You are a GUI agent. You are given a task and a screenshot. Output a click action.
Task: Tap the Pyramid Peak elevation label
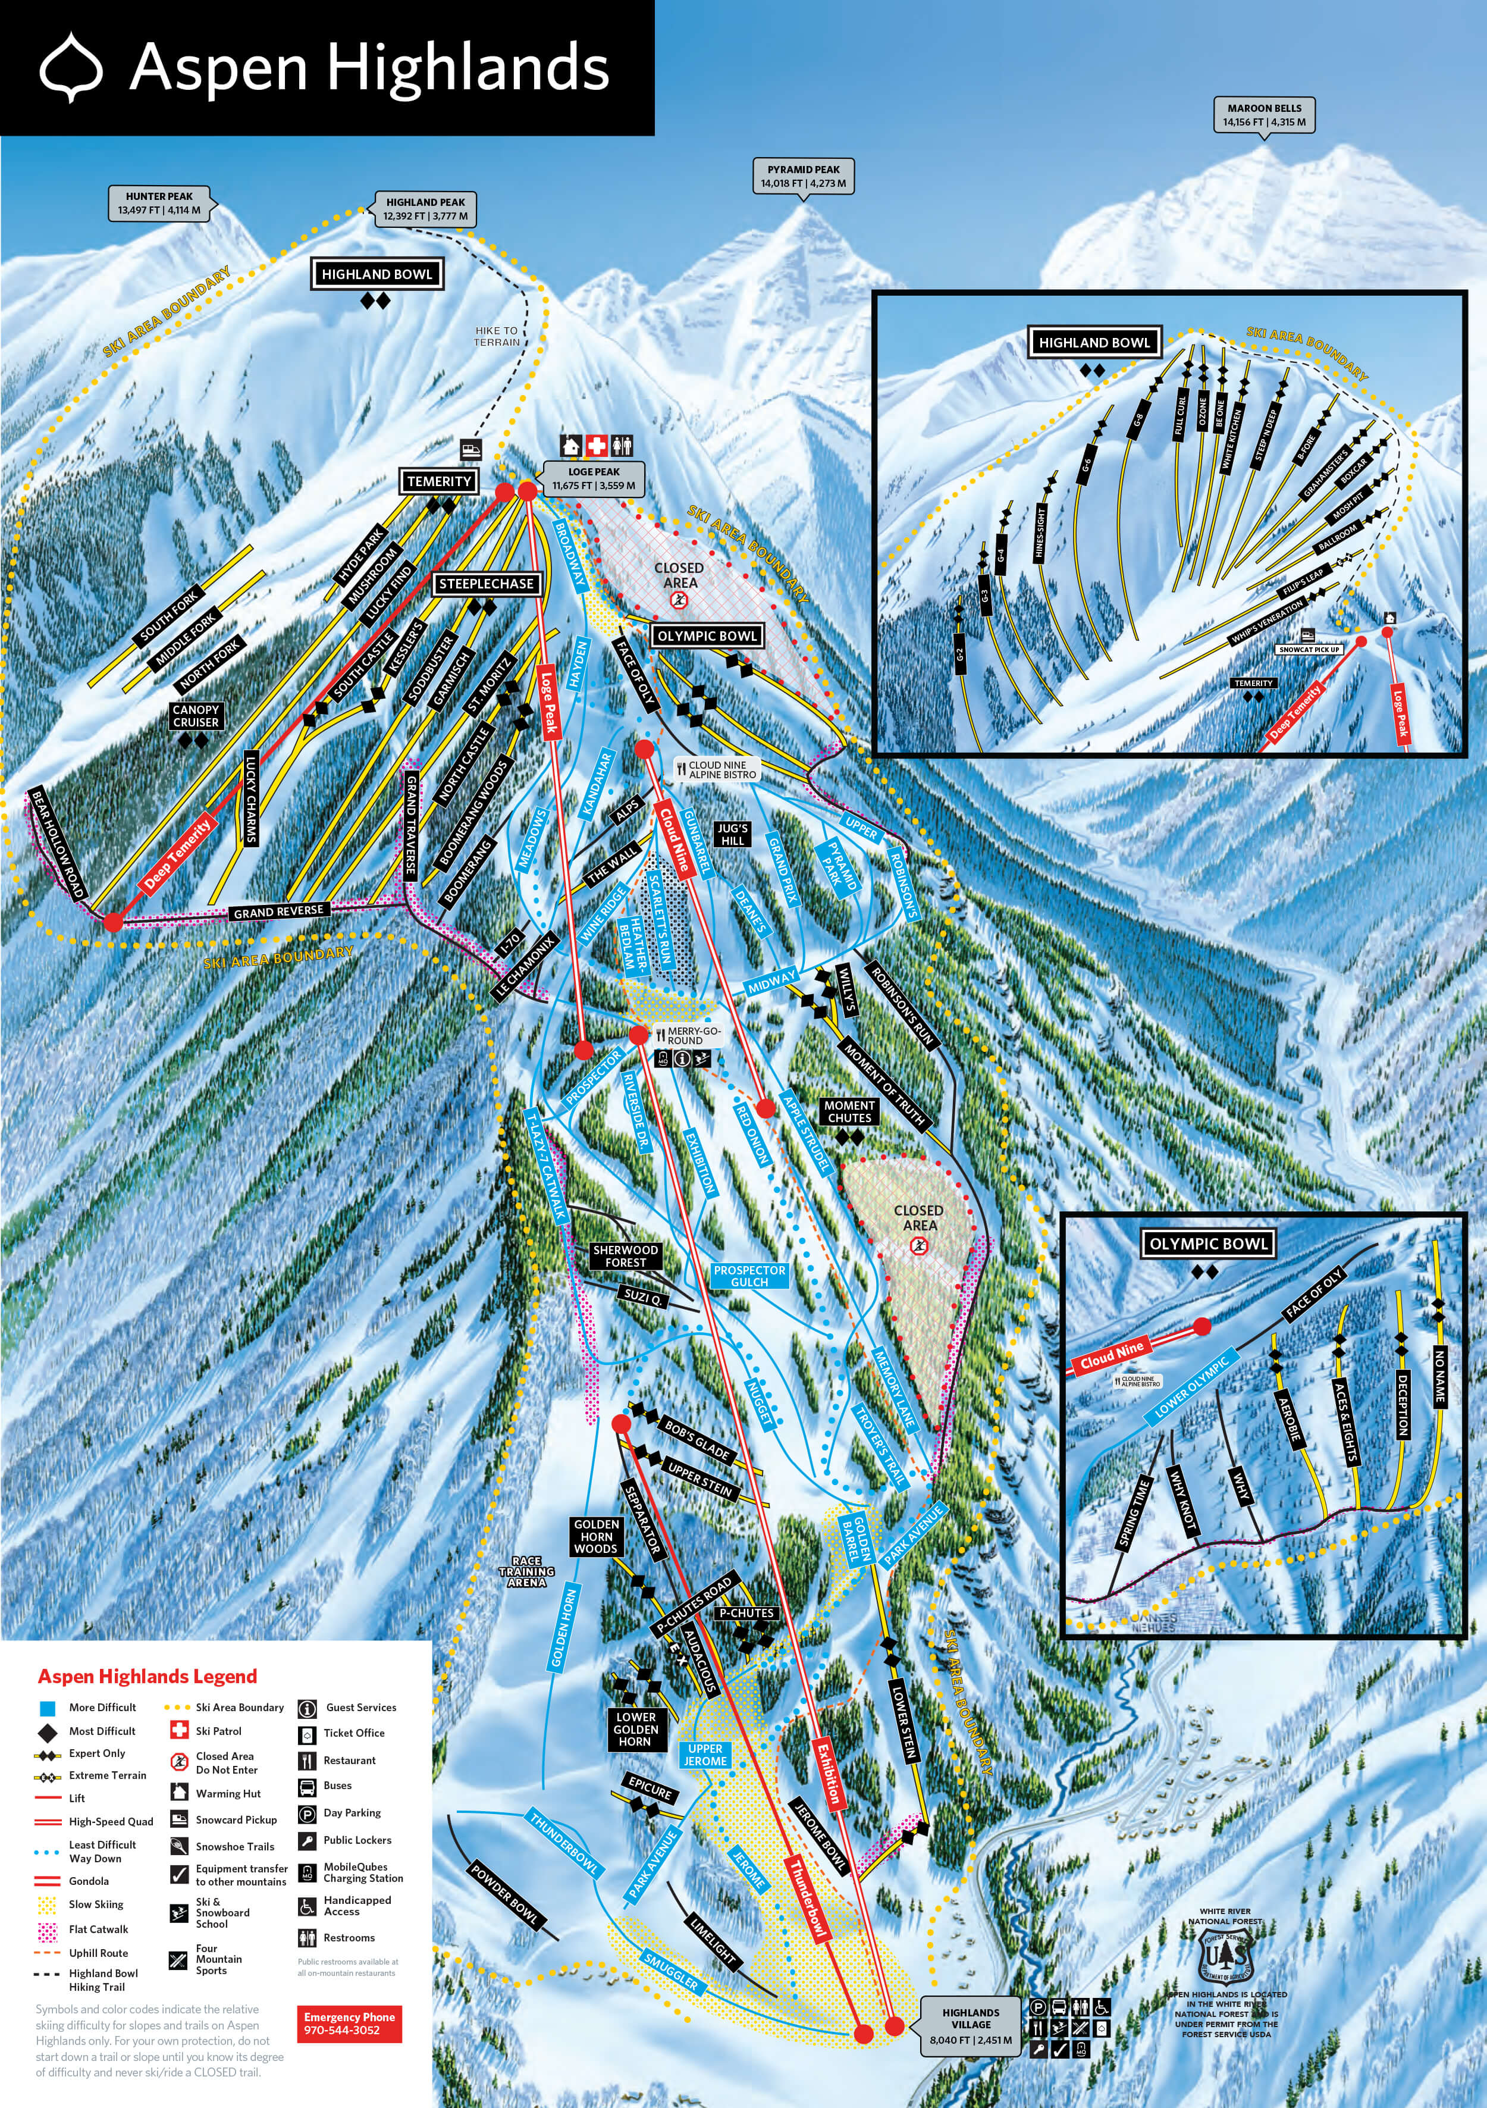click(x=803, y=176)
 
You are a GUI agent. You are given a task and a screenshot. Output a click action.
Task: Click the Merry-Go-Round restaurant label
click(x=684, y=1036)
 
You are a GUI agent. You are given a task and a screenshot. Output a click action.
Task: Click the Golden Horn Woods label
click(x=596, y=1536)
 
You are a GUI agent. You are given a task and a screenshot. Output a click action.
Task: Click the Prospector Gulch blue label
click(x=749, y=1275)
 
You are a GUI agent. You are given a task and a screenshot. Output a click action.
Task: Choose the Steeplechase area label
click(x=485, y=584)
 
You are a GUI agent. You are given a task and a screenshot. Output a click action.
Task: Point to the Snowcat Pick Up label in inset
click(x=1309, y=649)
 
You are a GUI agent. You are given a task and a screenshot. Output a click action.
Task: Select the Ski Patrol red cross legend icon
click(x=179, y=1731)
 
